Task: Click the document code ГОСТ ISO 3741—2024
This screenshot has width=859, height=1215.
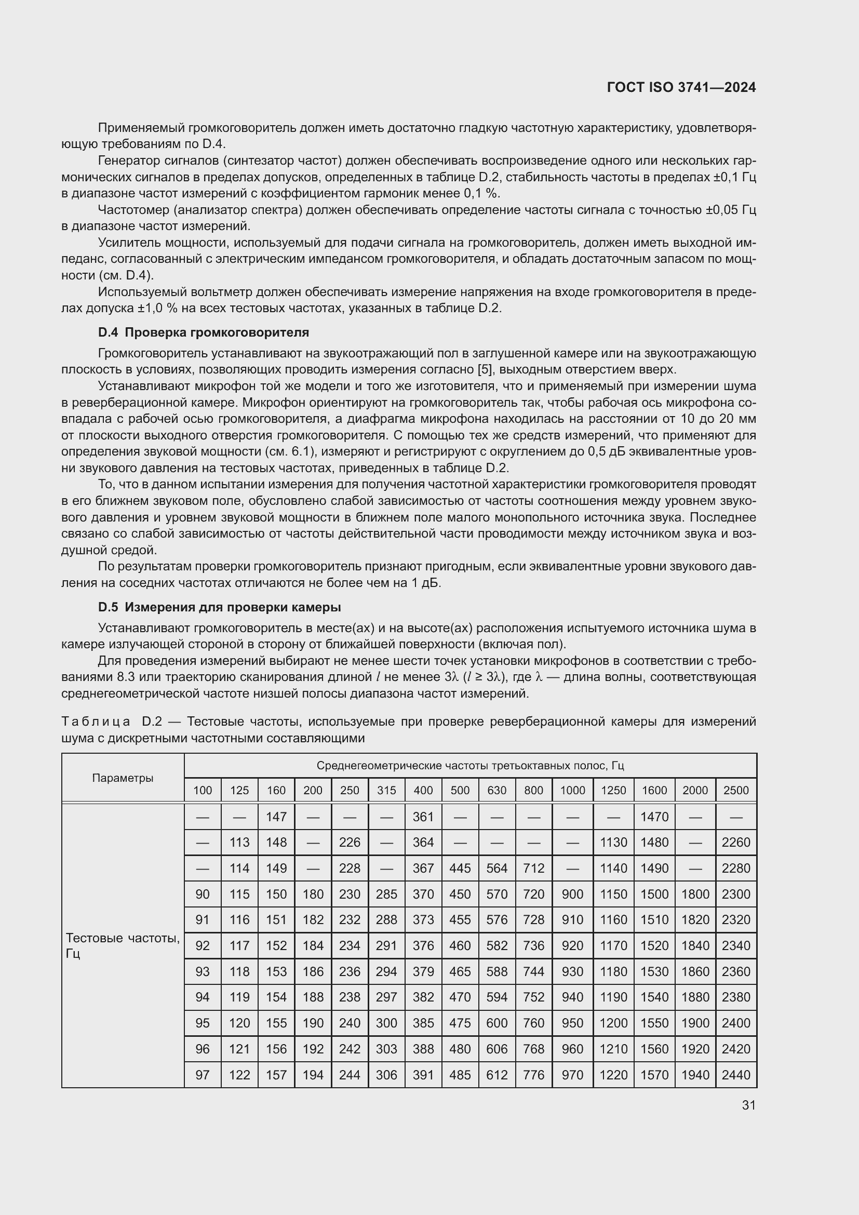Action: tap(681, 88)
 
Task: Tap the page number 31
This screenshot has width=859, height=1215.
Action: tap(748, 1105)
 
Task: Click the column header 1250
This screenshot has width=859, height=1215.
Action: tap(613, 790)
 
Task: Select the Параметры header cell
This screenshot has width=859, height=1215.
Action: tap(123, 778)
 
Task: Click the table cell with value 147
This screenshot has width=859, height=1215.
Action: tap(276, 817)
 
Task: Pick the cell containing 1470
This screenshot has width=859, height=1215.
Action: tap(655, 817)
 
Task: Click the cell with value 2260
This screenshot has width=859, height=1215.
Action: tap(736, 842)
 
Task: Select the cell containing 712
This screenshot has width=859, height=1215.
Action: tap(534, 868)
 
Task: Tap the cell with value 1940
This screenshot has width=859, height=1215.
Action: tap(695, 1075)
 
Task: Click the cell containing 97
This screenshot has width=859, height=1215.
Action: tap(203, 1075)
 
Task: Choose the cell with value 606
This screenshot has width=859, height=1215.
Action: tap(496, 1049)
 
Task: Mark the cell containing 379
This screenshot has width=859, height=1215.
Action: tap(423, 971)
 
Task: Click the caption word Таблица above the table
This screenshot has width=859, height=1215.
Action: tap(96, 722)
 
